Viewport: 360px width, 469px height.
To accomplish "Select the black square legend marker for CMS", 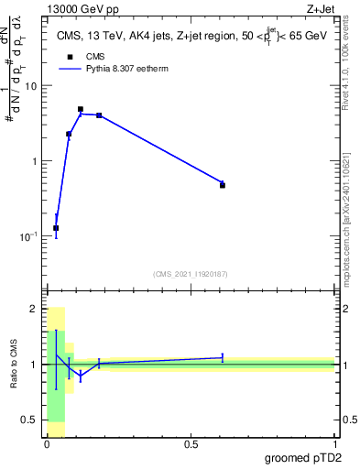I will point(68,58).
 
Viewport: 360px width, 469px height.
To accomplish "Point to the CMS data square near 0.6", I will point(223,185).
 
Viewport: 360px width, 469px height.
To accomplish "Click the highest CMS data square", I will point(81,109).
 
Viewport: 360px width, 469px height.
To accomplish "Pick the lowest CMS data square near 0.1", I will point(56,228).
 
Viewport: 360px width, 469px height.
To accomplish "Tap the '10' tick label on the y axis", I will point(31,86).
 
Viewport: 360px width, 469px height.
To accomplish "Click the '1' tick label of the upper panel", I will point(35,161).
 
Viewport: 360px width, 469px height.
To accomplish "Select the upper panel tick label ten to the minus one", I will point(29,235).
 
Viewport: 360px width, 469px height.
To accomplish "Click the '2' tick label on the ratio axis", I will point(35,310).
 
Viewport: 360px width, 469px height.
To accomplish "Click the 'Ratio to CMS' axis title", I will point(15,365).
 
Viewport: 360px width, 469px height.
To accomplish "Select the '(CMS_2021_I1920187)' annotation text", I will point(190,273).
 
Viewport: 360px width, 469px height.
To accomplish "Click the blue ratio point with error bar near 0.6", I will point(223,357).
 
